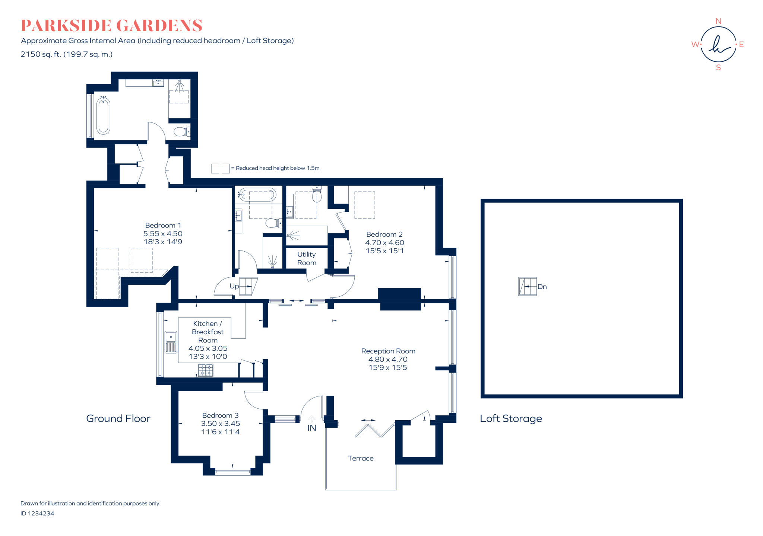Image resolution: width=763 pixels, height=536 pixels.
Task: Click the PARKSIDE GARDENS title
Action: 111,26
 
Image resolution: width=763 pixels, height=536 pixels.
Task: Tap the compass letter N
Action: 718,21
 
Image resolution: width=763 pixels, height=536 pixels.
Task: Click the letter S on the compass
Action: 718,68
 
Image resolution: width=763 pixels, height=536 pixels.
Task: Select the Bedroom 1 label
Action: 163,225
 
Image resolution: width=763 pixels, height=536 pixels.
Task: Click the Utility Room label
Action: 306,258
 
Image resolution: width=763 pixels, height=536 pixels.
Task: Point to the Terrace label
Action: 360,458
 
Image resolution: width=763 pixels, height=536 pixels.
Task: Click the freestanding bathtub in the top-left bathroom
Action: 103,115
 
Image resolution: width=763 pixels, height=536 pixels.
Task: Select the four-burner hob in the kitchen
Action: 206,370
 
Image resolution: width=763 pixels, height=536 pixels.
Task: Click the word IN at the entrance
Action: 311,428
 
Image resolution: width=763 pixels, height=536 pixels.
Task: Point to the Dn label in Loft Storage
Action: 542,287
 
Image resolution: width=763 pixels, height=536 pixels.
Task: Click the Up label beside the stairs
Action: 234,286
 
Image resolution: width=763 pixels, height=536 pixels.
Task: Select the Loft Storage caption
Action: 510,418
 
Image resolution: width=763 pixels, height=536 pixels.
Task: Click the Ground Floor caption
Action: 118,418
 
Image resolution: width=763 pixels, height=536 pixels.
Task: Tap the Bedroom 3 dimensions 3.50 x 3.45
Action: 220,424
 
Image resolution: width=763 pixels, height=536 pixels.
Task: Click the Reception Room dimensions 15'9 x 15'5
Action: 387,367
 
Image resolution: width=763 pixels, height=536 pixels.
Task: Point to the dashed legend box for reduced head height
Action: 220,168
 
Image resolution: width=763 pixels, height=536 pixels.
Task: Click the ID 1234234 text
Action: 37,513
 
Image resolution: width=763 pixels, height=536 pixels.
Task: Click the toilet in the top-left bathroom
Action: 182,131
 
